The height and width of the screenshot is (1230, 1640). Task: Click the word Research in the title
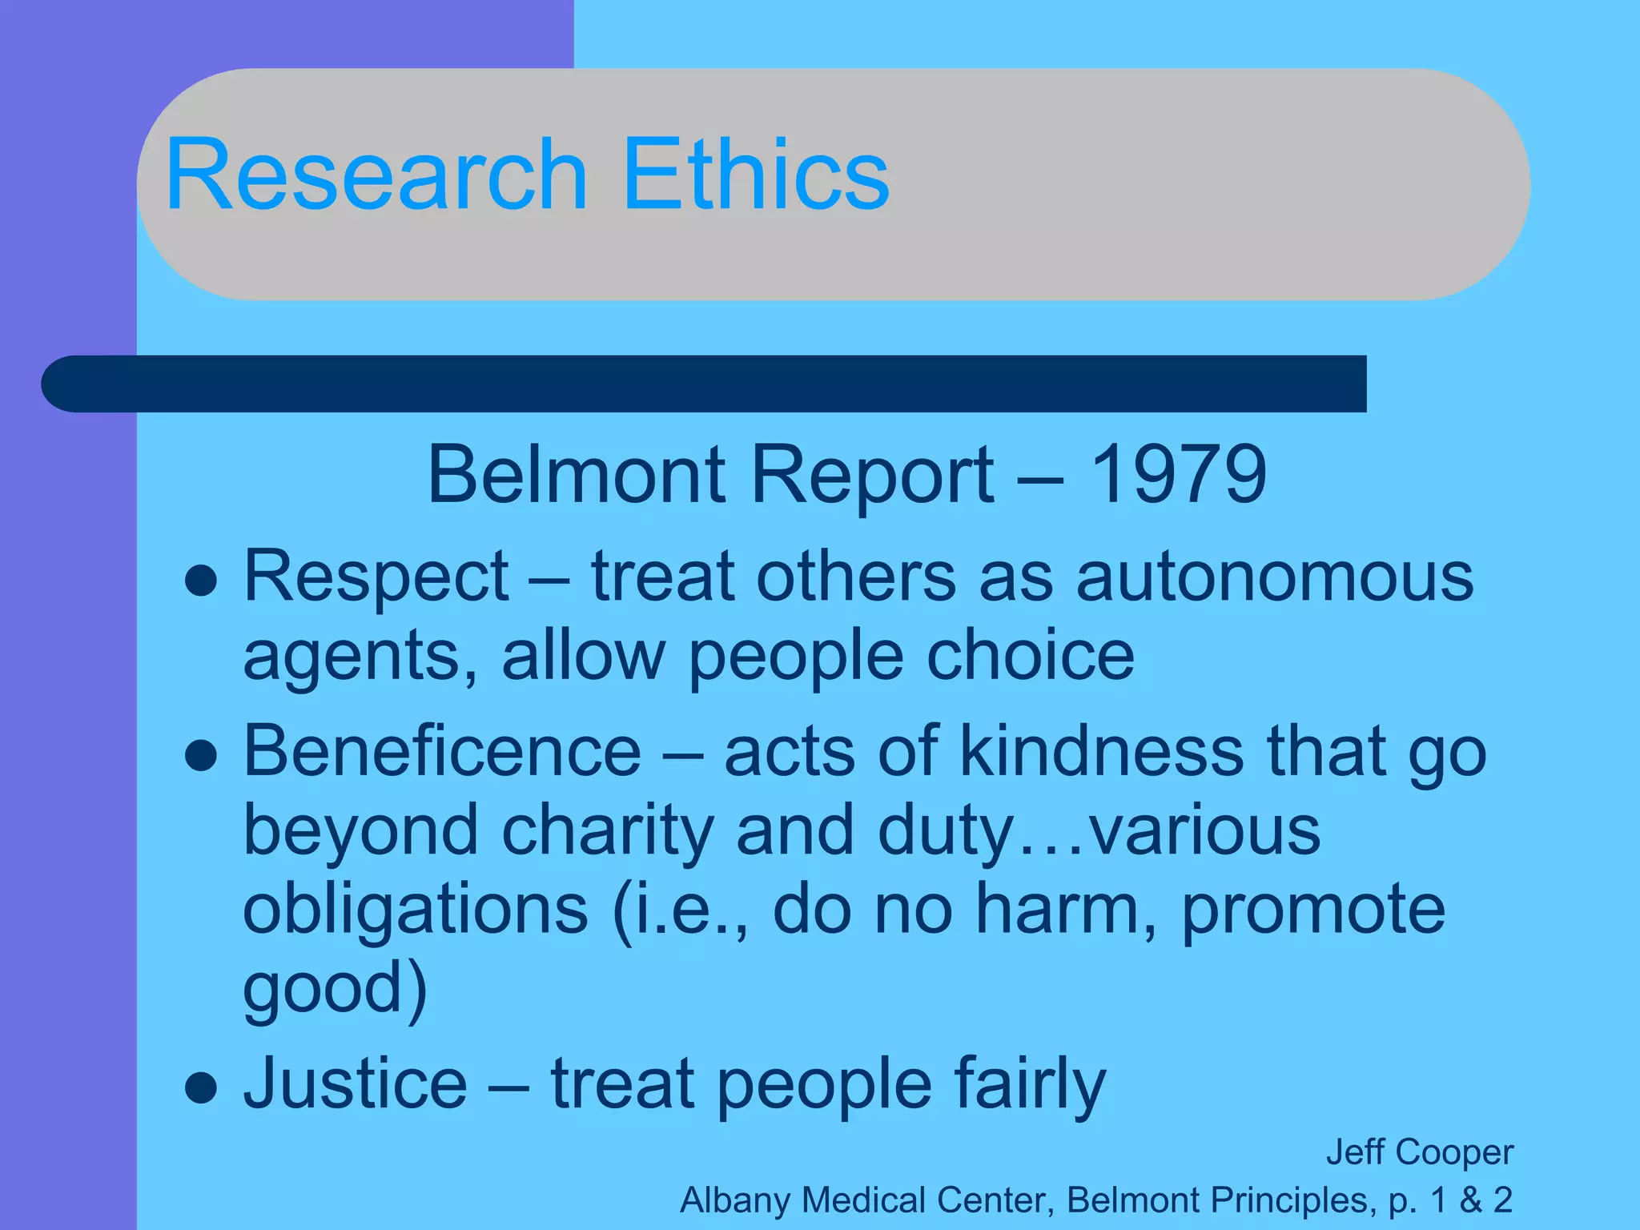point(376,175)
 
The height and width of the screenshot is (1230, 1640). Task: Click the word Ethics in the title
point(755,175)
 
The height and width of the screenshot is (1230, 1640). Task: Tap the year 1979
point(1178,475)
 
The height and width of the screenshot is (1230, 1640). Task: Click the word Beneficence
point(442,752)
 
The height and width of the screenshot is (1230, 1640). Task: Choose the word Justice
point(355,1084)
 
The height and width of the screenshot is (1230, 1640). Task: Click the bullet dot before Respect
point(200,581)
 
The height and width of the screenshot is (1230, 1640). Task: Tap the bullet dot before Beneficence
point(200,755)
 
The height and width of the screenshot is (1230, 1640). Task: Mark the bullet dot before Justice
point(200,1087)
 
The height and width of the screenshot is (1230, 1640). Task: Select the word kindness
point(1102,752)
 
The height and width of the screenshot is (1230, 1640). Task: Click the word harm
point(1067,910)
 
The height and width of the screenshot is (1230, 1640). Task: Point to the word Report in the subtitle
point(873,476)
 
